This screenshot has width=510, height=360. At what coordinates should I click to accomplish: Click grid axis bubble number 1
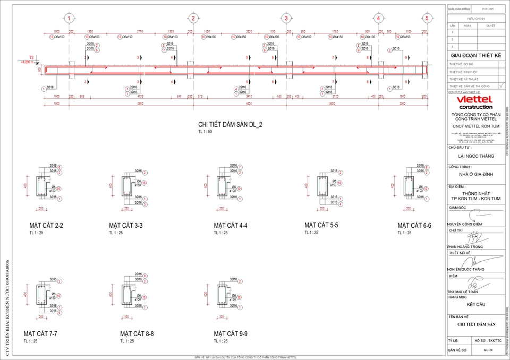(69, 18)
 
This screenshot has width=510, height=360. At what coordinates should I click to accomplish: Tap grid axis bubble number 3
(286, 18)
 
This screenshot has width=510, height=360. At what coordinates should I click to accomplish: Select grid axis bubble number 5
(426, 18)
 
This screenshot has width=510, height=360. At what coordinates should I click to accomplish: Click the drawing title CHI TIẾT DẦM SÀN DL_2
(230, 125)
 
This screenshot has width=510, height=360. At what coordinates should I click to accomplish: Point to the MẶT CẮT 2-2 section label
(46, 226)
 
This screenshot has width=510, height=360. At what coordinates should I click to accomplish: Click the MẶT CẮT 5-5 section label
(321, 225)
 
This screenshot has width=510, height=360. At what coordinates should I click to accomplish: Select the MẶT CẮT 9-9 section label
(231, 333)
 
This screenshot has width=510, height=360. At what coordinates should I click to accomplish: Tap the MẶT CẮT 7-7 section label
(40, 333)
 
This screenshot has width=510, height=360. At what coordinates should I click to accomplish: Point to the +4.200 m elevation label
(27, 62)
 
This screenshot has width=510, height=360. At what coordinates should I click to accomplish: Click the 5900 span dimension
(140, 104)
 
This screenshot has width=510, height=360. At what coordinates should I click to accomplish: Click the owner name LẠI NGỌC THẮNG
(475, 156)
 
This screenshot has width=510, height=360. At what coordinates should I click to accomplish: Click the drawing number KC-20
(488, 350)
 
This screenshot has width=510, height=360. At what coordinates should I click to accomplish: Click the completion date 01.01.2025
(487, 9)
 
